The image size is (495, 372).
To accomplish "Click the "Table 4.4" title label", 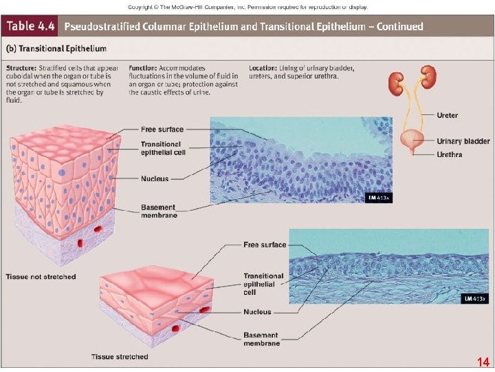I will click(31, 27).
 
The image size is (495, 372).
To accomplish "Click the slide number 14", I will click(483, 362).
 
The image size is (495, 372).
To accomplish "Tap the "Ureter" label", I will click(448, 115).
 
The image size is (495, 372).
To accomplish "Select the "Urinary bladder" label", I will click(463, 141).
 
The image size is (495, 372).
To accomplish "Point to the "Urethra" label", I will click(450, 154).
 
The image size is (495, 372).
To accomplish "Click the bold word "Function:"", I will click(143, 68).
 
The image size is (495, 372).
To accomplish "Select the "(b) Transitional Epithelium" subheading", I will click(56, 49).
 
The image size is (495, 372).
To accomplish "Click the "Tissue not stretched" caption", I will click(41, 276).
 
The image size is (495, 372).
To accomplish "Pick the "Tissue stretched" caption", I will click(120, 356).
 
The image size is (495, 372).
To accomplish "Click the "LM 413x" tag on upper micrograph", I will click(377, 198).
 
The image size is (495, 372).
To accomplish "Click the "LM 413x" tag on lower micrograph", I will click(474, 298).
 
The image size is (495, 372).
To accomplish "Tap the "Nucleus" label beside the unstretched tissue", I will click(155, 178).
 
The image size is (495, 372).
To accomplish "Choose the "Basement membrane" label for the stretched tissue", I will click(261, 339).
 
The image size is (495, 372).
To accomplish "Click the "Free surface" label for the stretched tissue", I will click(265, 245).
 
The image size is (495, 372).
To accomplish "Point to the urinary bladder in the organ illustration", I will click(414, 143).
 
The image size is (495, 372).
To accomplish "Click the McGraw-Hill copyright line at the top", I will click(247, 7).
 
